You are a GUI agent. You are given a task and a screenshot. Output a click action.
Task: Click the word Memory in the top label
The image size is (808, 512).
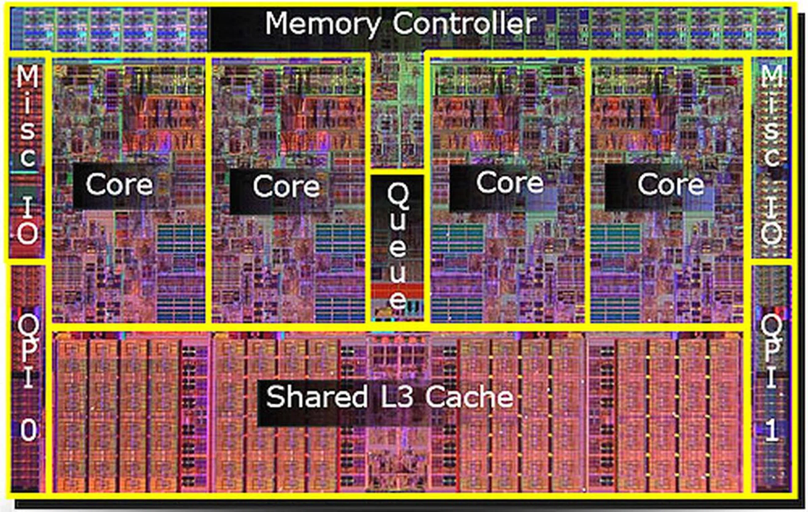[323, 24]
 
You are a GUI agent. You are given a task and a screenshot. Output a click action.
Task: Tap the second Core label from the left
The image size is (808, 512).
[286, 186]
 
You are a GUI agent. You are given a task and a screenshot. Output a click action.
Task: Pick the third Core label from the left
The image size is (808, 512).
[510, 182]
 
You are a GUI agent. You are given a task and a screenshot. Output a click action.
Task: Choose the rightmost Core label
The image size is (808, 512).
[671, 184]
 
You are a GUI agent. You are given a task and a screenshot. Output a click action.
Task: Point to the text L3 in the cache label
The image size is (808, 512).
[397, 397]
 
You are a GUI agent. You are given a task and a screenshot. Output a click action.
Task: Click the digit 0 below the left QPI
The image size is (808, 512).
[29, 431]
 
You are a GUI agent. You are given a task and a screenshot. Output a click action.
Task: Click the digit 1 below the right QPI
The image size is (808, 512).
[771, 431]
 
